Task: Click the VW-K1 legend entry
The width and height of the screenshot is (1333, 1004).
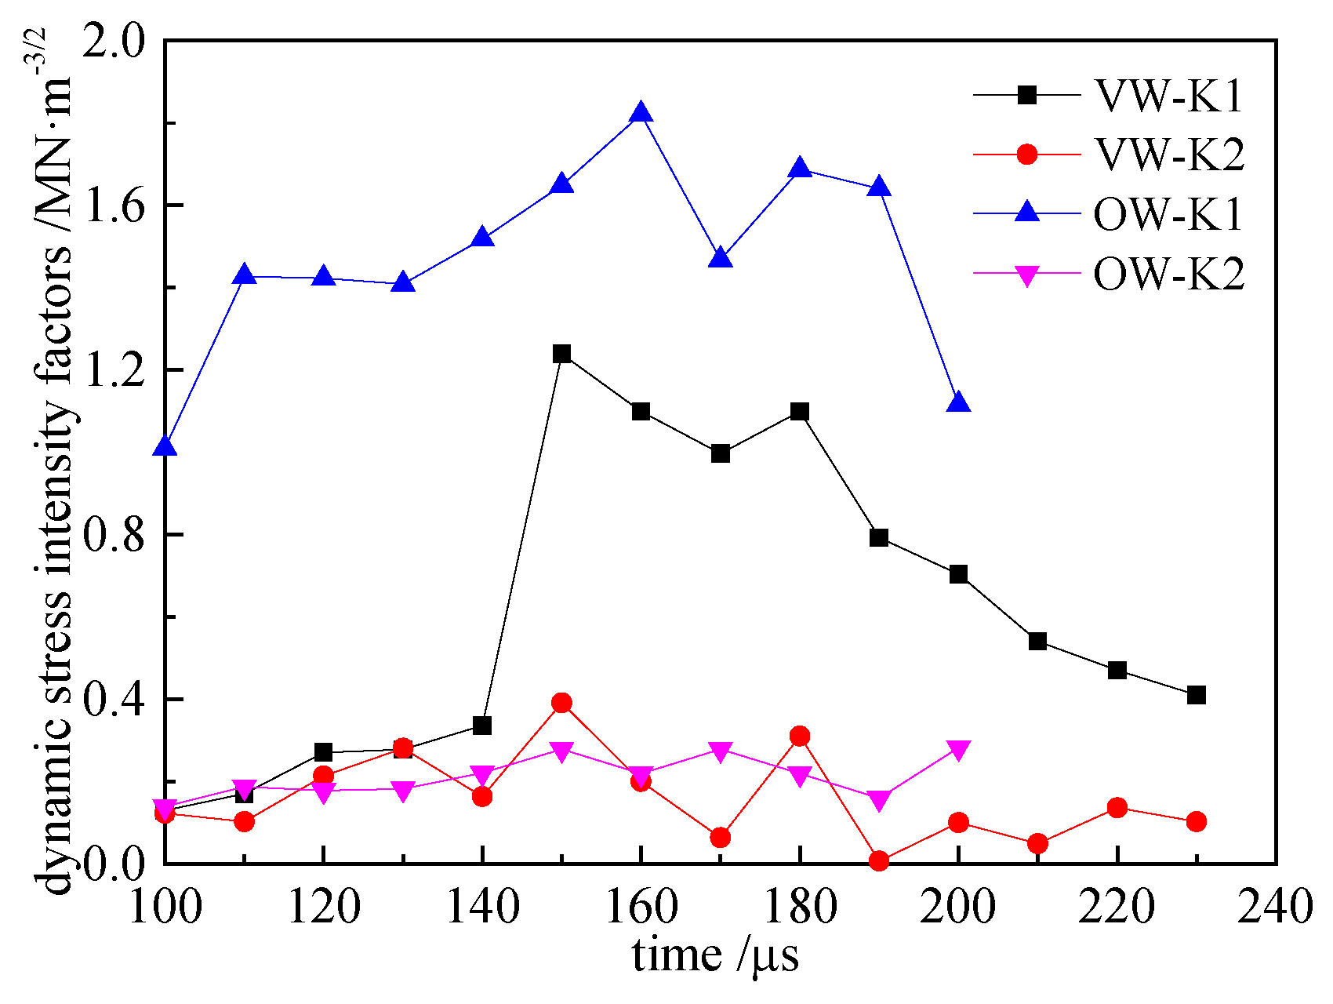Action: click(x=1168, y=96)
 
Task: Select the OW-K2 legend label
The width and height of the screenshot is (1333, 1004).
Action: click(x=1168, y=275)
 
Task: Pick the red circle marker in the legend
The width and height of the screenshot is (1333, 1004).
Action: click(x=1026, y=155)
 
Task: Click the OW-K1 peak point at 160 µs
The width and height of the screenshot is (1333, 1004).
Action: click(x=641, y=113)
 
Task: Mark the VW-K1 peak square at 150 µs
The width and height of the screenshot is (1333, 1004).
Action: click(x=561, y=354)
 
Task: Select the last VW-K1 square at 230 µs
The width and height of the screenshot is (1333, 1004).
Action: click(x=1196, y=695)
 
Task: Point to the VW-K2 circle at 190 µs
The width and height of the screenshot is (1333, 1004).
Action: click(x=879, y=861)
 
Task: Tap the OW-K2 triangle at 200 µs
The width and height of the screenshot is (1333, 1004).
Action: click(x=958, y=750)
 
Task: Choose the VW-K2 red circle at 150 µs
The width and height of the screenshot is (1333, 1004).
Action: click(x=561, y=703)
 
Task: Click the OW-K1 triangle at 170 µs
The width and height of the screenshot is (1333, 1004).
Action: click(x=721, y=258)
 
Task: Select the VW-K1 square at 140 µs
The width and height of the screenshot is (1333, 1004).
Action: click(x=482, y=726)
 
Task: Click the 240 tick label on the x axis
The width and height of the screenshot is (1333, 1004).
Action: click(x=1274, y=908)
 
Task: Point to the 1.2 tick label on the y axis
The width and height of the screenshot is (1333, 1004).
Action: click(x=118, y=371)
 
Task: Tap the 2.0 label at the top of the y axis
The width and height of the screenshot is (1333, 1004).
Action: click(x=118, y=42)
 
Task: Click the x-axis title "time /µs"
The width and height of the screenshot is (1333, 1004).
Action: click(x=715, y=955)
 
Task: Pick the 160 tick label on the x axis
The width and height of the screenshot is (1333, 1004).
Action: click(x=641, y=908)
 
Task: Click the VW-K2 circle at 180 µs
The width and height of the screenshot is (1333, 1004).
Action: click(x=800, y=737)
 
